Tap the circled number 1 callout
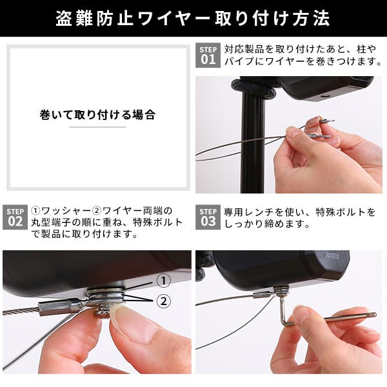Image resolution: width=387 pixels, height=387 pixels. pos(163,281)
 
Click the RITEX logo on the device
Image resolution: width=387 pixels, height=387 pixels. pos(339,256)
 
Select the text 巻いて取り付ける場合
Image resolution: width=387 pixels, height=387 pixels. pos(97,115)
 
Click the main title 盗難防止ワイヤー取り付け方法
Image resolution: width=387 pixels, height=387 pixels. pos(193,18)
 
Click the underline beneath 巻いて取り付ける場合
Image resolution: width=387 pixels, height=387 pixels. pos(97,127)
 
